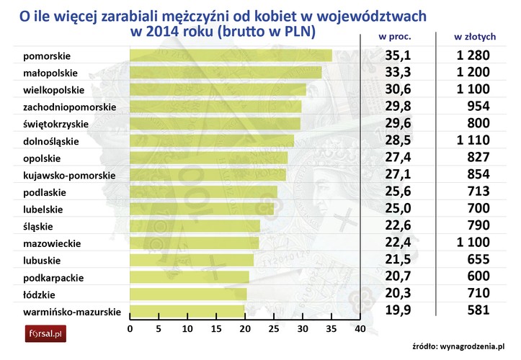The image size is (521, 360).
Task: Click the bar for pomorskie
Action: pyautogui.click(x=231, y=55)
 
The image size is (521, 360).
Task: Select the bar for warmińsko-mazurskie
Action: pyautogui.click(x=187, y=311)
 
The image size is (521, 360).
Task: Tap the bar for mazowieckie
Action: pyautogui.click(x=195, y=243)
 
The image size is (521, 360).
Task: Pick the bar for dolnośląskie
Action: pyautogui.click(x=212, y=141)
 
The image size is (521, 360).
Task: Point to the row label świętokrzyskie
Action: pyautogui.click(x=55, y=124)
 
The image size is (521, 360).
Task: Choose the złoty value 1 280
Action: pyautogui.click(x=473, y=55)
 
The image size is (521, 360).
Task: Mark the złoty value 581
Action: pyautogui.click(x=478, y=311)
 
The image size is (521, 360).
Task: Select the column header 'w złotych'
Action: pyautogui.click(x=473, y=36)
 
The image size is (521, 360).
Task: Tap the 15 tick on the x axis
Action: pyautogui.click(x=216, y=330)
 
